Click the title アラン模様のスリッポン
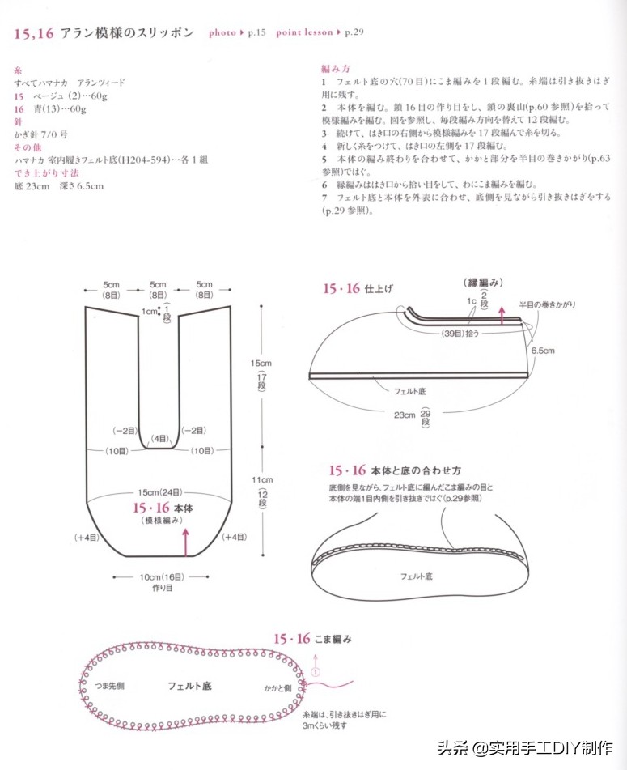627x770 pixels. pyautogui.click(x=127, y=32)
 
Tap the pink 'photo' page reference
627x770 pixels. pyautogui.click(x=222, y=33)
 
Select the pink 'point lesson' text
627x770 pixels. pyautogui.click(x=304, y=33)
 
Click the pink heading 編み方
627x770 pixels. pyautogui.click(x=334, y=69)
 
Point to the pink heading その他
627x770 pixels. pyautogui.click(x=28, y=147)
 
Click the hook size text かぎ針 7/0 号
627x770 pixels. pyautogui.click(x=40, y=134)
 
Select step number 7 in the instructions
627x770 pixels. pyautogui.click(x=324, y=197)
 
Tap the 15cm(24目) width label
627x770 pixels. pyautogui.click(x=159, y=492)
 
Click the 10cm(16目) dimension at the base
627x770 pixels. pyautogui.click(x=159, y=576)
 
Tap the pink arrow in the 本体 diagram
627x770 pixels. pyautogui.click(x=187, y=541)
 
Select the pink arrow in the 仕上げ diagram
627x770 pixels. pyautogui.click(x=502, y=315)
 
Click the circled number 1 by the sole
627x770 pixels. pyautogui.click(x=316, y=671)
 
